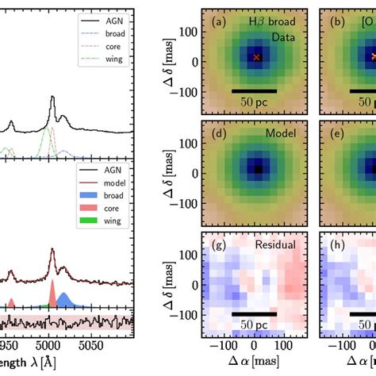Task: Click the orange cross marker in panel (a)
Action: [x=256, y=58]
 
